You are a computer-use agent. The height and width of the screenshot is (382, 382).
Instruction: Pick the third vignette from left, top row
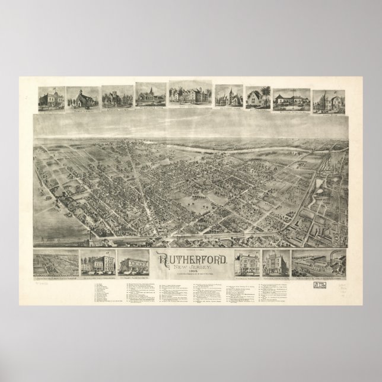116,98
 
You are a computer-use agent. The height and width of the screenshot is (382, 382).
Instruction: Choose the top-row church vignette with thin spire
150,95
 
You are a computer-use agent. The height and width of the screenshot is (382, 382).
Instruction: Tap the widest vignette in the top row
190,96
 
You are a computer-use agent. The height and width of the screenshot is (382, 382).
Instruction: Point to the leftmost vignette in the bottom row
56,262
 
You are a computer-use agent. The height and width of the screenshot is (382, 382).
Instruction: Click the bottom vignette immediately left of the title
133,261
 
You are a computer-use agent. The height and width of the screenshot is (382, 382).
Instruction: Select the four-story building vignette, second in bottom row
97,261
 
